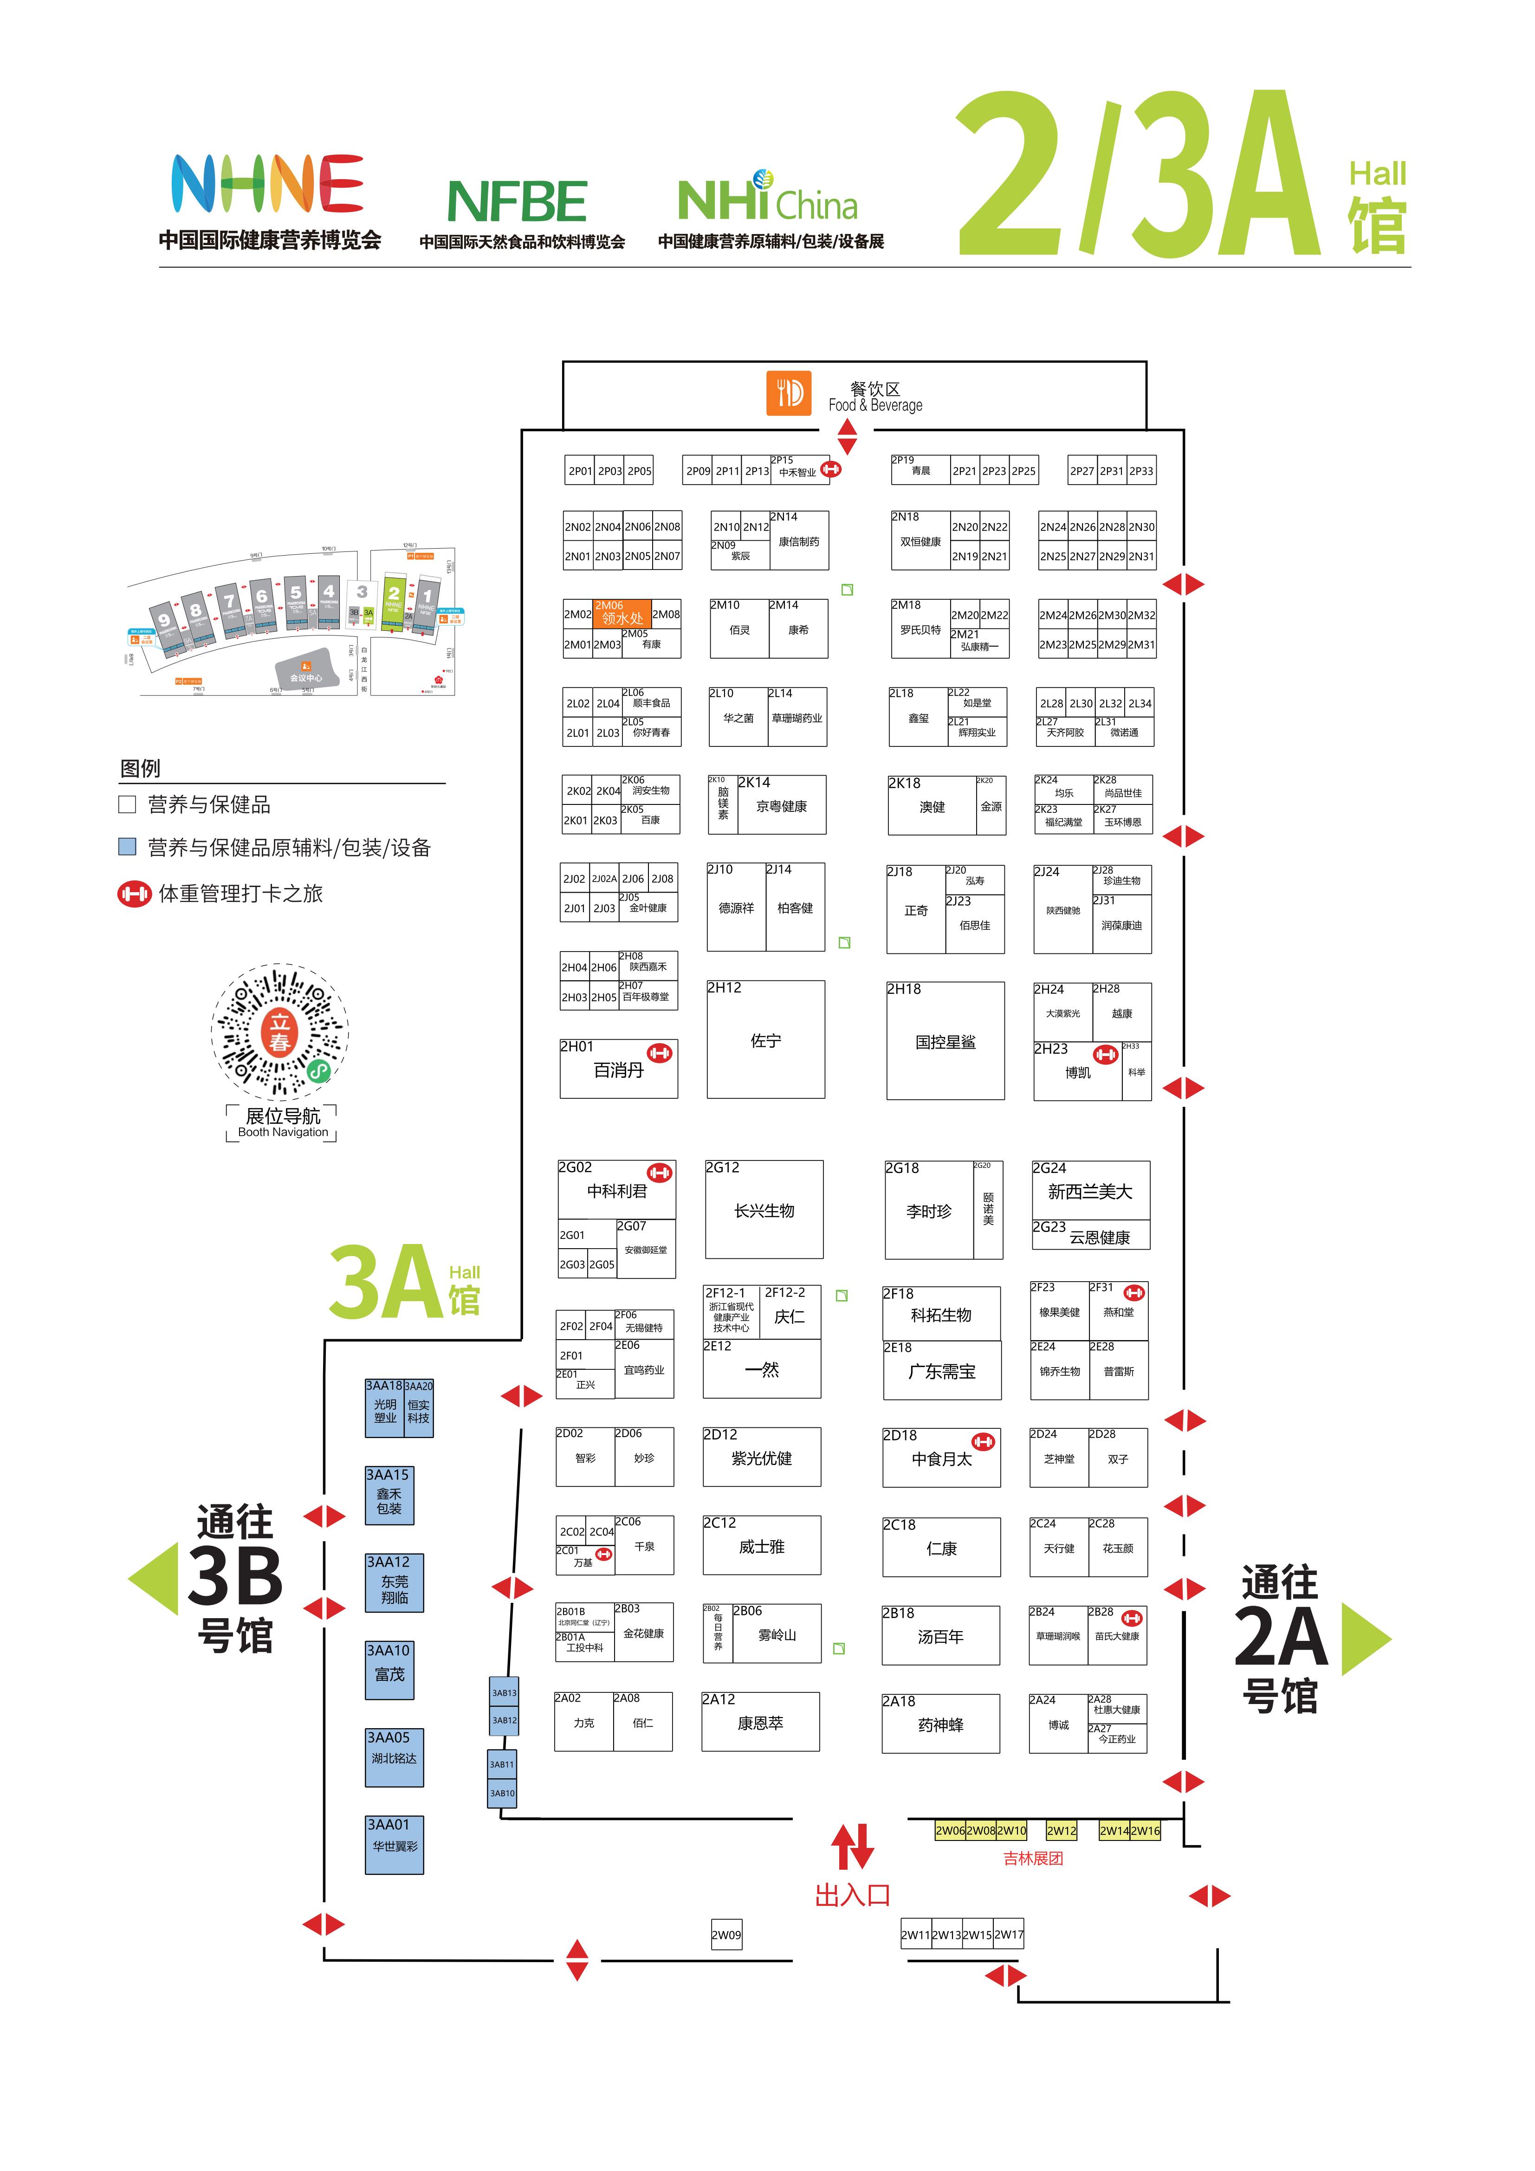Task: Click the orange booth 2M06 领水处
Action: point(622,613)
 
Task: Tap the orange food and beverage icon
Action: point(788,392)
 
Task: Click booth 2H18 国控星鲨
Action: point(945,1041)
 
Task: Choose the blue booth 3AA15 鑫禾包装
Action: point(389,1495)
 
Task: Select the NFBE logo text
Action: point(518,201)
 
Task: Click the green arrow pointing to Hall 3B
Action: point(154,1577)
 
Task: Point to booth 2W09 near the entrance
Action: point(726,1934)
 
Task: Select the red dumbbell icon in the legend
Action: point(134,894)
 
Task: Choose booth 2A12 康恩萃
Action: point(760,1722)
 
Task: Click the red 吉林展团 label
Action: point(1033,1858)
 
